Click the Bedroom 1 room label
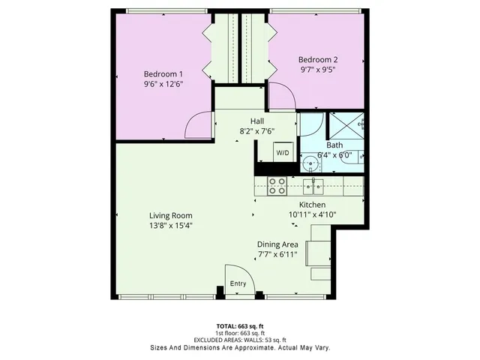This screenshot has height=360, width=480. [164, 73]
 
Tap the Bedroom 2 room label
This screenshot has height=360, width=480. [318, 60]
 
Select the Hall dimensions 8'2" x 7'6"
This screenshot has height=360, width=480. [256, 131]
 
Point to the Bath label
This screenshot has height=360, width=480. [334, 145]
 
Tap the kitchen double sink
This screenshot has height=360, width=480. [313, 184]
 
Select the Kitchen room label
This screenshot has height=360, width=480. [312, 204]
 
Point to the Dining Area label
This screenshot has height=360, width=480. [278, 244]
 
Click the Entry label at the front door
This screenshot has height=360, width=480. [238, 283]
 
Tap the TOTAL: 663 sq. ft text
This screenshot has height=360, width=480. [239, 326]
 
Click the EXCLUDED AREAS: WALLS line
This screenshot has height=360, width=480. [239, 340]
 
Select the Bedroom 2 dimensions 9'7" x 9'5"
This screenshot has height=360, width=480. [318, 70]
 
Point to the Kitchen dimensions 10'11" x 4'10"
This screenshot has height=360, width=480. [312, 214]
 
